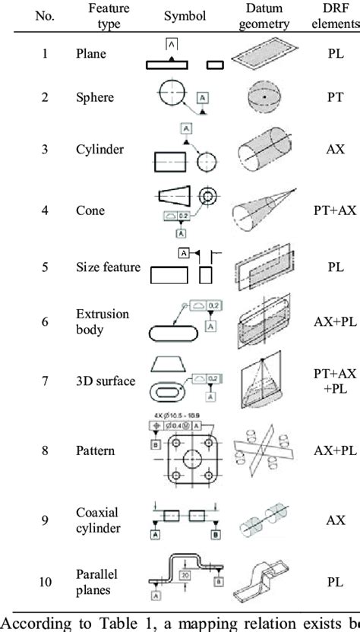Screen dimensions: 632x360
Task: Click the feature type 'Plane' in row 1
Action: click(90, 54)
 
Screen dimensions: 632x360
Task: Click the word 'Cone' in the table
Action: click(89, 210)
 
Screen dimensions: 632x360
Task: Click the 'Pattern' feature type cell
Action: click(95, 450)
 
